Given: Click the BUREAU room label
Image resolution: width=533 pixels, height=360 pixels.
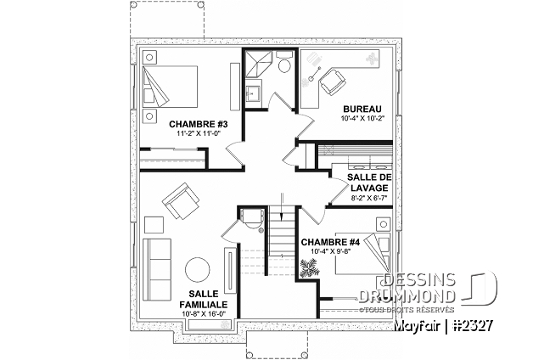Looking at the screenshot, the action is tap(362, 110).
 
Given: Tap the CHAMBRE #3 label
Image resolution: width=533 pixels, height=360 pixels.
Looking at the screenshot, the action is tap(198, 125).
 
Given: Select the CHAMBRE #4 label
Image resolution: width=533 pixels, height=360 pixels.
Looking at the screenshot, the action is tap(330, 242).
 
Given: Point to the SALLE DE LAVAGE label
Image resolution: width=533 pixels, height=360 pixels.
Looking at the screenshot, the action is tap(369, 183).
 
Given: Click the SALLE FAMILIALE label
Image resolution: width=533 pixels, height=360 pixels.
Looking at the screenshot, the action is tap(204, 299).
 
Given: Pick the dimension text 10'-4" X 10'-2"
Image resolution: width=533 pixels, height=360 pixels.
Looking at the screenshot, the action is tap(362, 119).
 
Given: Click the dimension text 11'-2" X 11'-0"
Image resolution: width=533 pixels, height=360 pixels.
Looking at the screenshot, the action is tap(198, 133).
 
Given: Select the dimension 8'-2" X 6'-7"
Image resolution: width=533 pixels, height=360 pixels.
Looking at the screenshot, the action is tap(369, 197).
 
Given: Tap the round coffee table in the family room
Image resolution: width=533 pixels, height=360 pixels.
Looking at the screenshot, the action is tap(198, 269).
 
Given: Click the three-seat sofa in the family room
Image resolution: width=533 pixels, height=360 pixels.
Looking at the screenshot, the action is tap(157, 269).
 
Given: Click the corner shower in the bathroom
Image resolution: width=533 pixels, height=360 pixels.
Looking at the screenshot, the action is tap(259, 64).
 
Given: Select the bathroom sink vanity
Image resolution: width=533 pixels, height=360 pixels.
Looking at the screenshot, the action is tap(253, 93).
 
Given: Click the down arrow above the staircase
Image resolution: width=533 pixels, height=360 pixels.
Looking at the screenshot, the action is tap(282, 206).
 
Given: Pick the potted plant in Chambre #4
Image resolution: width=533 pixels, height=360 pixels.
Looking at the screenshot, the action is tap(309, 267).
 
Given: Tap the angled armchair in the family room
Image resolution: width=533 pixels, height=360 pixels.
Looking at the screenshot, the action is tap(181, 200).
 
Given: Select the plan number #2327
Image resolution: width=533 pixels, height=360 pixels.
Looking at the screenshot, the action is tap(474, 325).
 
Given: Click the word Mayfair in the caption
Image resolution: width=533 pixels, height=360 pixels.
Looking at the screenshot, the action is tap(418, 326).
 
